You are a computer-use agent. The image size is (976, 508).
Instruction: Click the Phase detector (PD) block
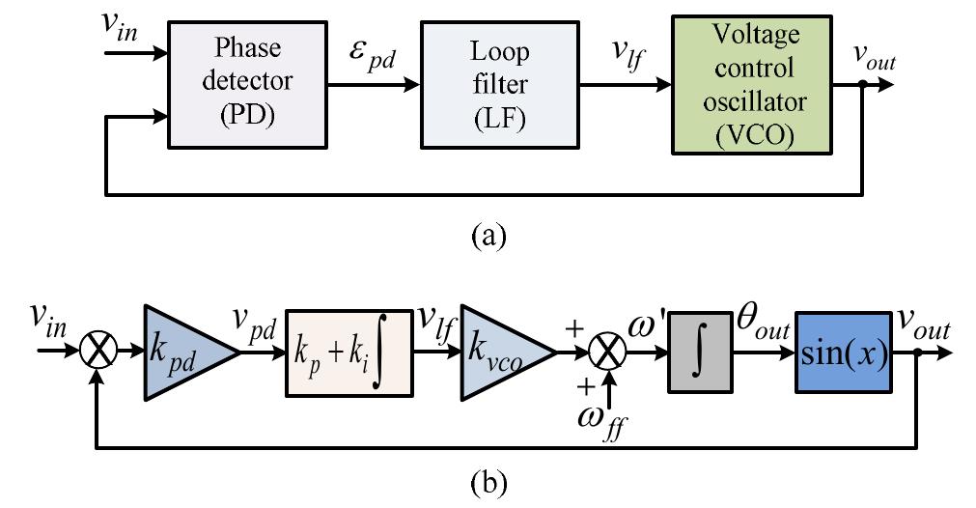coord(247,86)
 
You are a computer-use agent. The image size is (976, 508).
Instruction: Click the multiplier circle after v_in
coord(98,354)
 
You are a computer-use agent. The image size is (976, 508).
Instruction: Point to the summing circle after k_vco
coord(608,354)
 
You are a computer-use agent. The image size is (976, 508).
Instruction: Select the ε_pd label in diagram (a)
coord(372,59)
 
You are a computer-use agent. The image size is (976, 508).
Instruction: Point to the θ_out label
coord(758,329)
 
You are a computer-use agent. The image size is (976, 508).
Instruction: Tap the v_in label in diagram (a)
coord(122,23)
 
